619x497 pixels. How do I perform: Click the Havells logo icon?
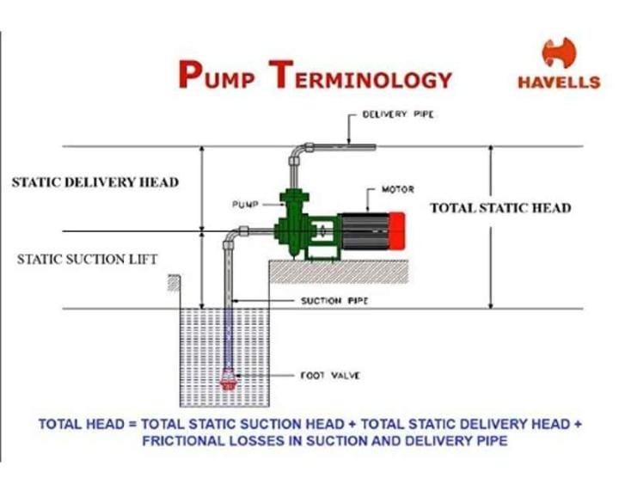coord(558,54)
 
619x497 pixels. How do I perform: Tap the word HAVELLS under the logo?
coord(559,83)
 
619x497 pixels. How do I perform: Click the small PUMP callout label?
coord(245,205)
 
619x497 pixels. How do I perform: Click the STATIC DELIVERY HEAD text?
coord(95,182)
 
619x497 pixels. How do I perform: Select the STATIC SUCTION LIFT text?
coord(88,259)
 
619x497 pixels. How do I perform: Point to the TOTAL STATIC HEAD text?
coord(499,208)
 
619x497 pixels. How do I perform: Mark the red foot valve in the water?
coord(229,379)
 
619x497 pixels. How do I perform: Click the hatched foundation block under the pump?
coord(340,272)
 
